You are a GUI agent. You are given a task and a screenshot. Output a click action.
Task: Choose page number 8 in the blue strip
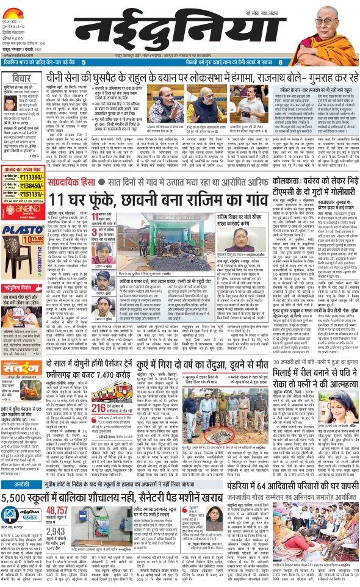pyautogui.click(x=279, y=62)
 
